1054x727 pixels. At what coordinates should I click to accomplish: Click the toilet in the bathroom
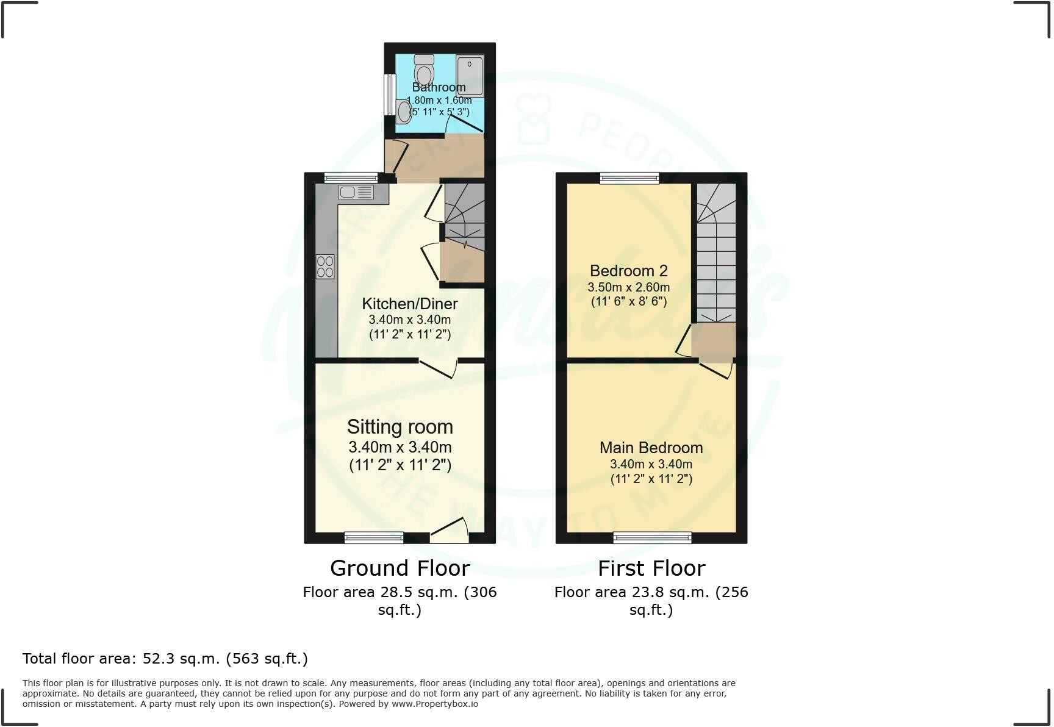click(x=423, y=70)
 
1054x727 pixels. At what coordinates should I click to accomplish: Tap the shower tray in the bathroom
click(x=470, y=76)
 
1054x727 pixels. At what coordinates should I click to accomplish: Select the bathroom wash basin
click(x=403, y=112)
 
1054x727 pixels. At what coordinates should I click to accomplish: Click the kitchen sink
click(x=356, y=193)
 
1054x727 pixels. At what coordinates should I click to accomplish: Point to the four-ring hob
click(x=325, y=267)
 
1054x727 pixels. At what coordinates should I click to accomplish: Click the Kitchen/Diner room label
click(x=410, y=304)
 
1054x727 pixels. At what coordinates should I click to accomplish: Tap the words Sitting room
click(x=400, y=426)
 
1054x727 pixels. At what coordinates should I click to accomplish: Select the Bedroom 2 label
click(x=629, y=271)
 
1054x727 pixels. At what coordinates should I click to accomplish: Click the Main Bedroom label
click(x=651, y=448)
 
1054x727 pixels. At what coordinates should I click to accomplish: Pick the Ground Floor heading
click(x=400, y=568)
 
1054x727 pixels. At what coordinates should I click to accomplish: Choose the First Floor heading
click(x=651, y=568)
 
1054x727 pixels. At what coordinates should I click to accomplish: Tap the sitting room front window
click(x=374, y=537)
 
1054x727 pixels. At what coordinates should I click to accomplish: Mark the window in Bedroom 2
click(x=629, y=177)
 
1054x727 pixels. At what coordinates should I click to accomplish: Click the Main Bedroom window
click(x=652, y=537)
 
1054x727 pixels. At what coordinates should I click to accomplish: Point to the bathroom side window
click(x=389, y=94)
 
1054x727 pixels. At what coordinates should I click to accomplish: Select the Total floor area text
click(x=165, y=659)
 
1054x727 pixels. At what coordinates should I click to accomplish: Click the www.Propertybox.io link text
click(x=435, y=704)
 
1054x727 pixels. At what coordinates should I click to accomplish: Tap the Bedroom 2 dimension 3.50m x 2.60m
click(x=629, y=287)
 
